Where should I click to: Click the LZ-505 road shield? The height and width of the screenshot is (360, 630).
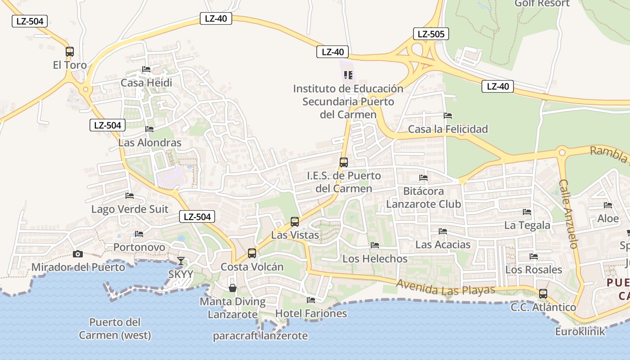tap(431, 34)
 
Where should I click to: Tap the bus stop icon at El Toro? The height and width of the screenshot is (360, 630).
tap(69, 52)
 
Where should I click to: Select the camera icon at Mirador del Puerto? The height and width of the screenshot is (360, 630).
tap(78, 254)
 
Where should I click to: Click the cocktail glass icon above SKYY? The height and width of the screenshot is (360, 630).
tap(181, 261)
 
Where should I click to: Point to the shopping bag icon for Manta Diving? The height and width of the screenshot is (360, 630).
tap(233, 288)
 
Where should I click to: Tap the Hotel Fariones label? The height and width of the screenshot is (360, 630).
tap(311, 314)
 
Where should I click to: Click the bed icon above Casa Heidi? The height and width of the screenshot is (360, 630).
tap(146, 69)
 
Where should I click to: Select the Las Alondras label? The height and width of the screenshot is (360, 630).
tap(150, 143)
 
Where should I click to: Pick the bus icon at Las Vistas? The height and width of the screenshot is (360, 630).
tap(295, 222)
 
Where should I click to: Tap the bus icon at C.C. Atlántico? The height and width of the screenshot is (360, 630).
tap(543, 294)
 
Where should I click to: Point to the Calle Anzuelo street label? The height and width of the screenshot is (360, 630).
tap(568, 214)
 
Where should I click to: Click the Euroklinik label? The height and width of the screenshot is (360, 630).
tap(580, 332)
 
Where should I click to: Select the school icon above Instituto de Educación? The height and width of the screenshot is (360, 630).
tap(348, 75)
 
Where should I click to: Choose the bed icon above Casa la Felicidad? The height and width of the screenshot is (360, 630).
tap(447, 116)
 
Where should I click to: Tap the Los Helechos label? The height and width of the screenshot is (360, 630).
tap(375, 259)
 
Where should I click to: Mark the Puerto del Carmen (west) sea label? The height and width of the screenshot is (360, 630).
tap(115, 329)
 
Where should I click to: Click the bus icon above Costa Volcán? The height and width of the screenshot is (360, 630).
tap(252, 253)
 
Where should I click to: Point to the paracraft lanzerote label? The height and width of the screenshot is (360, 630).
tap(260, 336)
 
